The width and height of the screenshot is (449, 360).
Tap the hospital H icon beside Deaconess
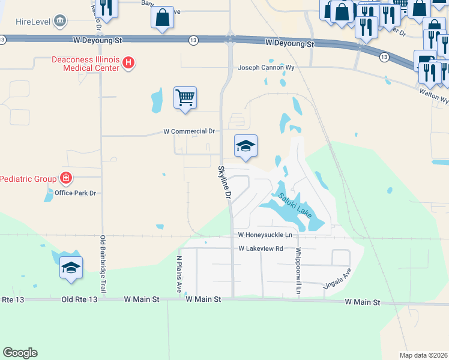[x=128, y=62]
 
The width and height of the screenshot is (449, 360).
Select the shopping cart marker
[x=185, y=98]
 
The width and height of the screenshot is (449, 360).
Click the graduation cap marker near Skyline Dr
[x=246, y=146]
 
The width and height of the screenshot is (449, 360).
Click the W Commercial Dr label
[x=189, y=131]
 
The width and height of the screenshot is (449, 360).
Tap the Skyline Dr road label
[x=224, y=182]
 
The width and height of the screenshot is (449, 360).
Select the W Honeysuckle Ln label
[x=265, y=235]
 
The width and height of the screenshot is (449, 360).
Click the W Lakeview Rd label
[x=261, y=248]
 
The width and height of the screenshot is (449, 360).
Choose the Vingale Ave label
[x=337, y=280]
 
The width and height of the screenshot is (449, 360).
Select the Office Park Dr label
[x=75, y=193]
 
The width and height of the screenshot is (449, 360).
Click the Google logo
[x=20, y=352]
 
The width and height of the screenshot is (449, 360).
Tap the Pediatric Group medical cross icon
[x=65, y=178]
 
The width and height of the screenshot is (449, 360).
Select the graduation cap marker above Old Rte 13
[x=71, y=268]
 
